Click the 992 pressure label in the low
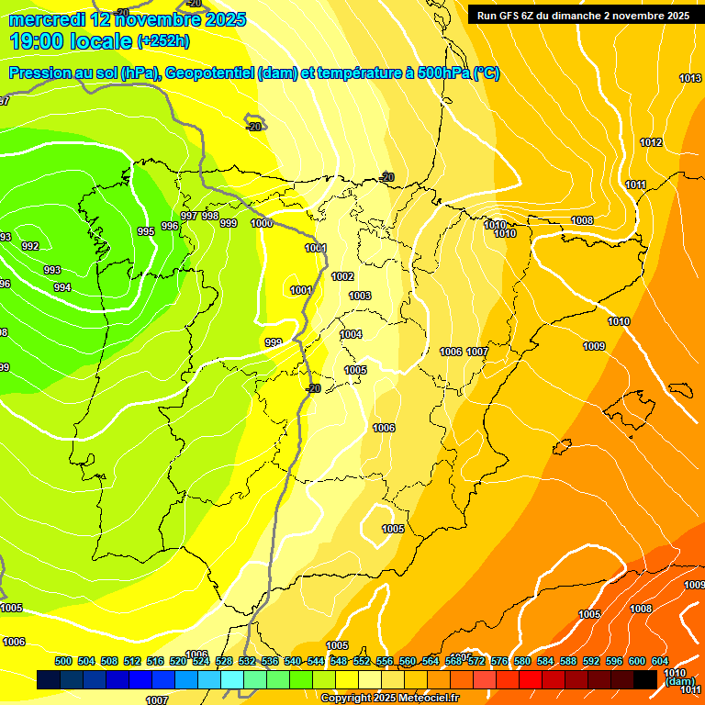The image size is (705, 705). click(x=30, y=246)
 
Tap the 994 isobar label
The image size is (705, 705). click(x=62, y=288)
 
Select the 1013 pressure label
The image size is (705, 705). click(x=690, y=78)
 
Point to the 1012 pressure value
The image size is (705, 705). click(x=651, y=142)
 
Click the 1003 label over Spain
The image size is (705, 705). click(x=360, y=296)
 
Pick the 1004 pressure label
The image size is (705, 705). click(x=351, y=334)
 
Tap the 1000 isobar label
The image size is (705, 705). click(x=262, y=223)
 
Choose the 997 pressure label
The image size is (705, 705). click(x=189, y=216)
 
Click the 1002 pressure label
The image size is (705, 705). click(x=342, y=276)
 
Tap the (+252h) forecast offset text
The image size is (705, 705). click(x=163, y=41)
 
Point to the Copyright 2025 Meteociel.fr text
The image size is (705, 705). click(x=389, y=699)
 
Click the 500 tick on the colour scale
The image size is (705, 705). click(x=63, y=661)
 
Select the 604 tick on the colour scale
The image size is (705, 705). click(x=659, y=661)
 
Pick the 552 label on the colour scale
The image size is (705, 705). click(x=362, y=661)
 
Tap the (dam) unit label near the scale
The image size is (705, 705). click(x=679, y=682)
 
